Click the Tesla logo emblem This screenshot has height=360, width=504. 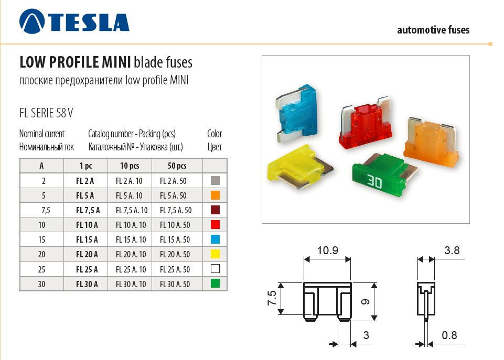tap(32, 21)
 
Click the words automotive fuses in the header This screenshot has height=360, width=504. tap(433, 30)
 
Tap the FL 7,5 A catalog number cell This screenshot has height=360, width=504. tap(88, 210)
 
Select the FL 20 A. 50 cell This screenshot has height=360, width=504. tap(175, 254)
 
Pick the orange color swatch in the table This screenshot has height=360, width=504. tap(215, 195)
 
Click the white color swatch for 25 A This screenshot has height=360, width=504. tap(215, 268)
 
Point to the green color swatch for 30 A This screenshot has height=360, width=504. tap(215, 283)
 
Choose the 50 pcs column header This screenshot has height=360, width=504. tap(177, 166)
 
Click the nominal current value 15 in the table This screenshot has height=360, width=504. tap(41, 239)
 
